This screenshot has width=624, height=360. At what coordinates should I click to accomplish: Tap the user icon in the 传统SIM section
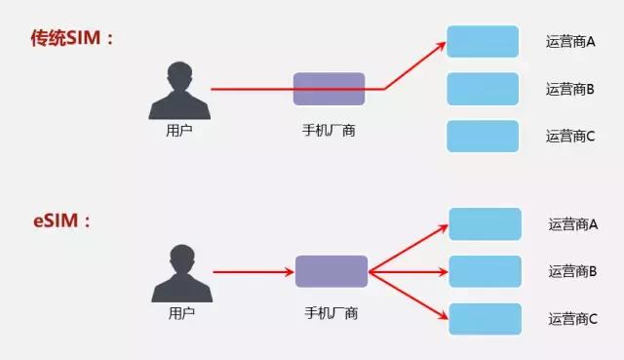click(178, 89)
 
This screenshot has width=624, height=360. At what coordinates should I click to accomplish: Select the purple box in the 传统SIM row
click(330, 89)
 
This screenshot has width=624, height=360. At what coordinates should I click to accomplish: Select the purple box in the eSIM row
click(331, 271)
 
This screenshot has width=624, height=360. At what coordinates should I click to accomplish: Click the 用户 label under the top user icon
click(179, 129)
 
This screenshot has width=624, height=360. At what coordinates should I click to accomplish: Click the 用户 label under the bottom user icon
click(181, 312)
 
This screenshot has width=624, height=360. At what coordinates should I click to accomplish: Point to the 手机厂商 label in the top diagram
click(330, 129)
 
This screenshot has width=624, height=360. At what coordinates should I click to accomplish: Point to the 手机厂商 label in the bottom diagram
click(331, 312)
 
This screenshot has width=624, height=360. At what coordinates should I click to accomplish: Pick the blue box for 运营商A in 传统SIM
click(483, 42)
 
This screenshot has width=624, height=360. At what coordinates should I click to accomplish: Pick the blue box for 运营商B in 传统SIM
click(483, 89)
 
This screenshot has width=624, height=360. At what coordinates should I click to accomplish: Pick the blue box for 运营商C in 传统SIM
click(483, 136)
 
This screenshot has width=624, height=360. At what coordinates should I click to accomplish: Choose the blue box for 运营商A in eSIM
click(485, 223)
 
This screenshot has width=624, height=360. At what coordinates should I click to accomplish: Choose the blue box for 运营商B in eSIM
click(485, 270)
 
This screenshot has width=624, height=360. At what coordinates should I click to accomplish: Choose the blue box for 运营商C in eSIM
click(485, 318)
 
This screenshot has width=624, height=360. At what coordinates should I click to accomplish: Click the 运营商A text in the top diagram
click(570, 42)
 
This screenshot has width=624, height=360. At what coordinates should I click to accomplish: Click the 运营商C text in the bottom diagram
click(572, 318)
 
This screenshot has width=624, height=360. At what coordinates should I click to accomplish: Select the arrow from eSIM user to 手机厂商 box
click(253, 271)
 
